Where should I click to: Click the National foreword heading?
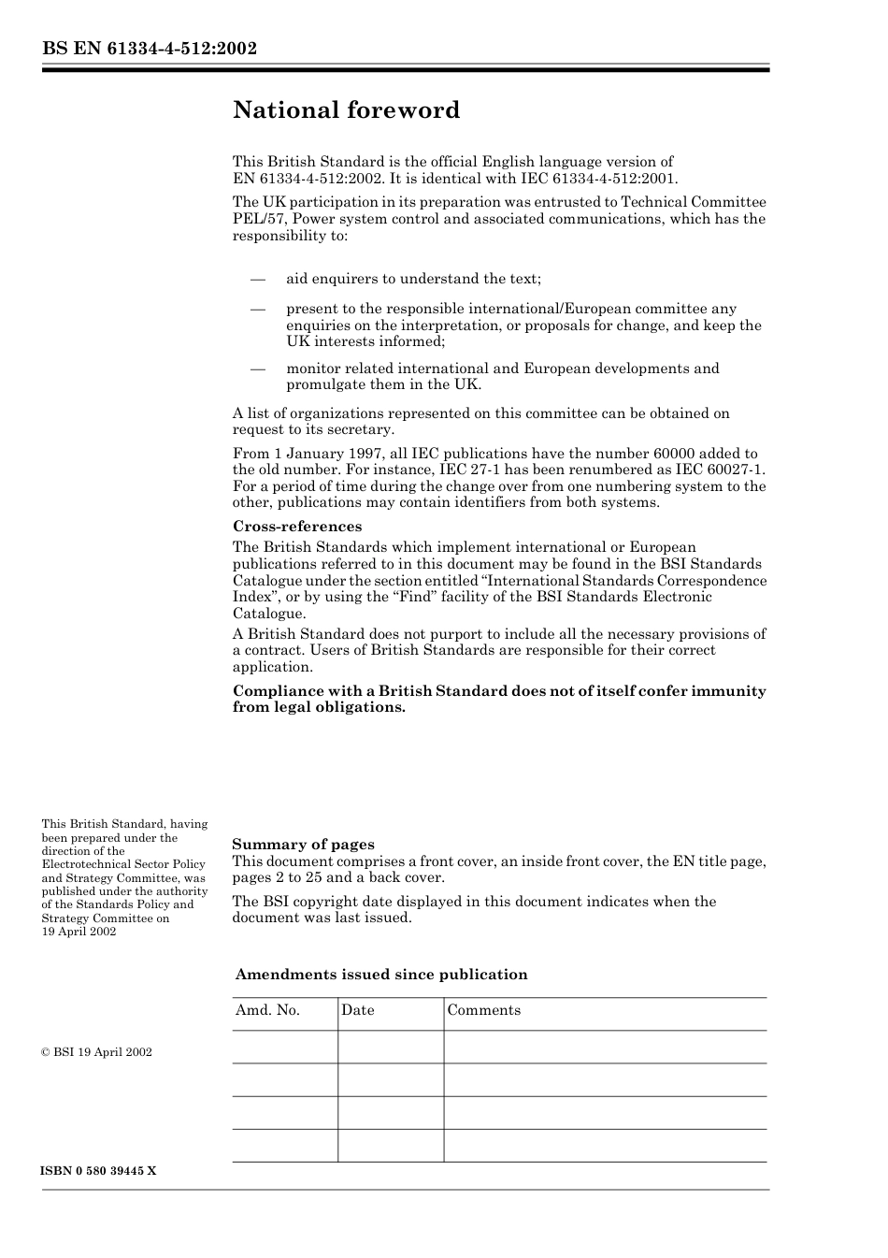point(346,110)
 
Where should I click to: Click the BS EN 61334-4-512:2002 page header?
point(150,49)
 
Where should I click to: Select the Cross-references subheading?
point(296,527)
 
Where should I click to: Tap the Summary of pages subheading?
point(303,845)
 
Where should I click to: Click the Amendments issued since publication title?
point(381,975)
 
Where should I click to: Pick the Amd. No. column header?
point(267,1010)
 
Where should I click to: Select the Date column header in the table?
point(357,1010)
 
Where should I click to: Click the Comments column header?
point(483,1010)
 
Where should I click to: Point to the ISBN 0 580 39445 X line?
point(99,1171)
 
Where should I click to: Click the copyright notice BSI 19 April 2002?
point(96,1052)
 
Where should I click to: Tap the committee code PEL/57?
point(255,219)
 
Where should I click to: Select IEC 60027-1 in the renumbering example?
point(717,470)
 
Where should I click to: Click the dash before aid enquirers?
point(257,279)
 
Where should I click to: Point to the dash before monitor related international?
point(257,369)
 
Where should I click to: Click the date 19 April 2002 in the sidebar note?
point(79,932)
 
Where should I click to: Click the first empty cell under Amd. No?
point(285,1047)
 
